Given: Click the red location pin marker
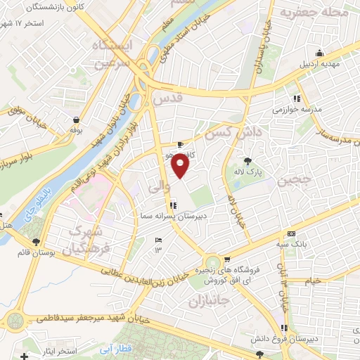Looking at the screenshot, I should [x=181, y=166].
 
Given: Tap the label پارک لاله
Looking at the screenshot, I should [x=247, y=172].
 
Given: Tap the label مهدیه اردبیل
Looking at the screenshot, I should [x=320, y=63].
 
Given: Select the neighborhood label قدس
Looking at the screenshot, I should [x=167, y=101].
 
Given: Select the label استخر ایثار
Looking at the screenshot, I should [x=54, y=351].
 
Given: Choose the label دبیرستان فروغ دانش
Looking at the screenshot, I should [x=282, y=339].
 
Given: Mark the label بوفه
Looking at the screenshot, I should [x=76, y=131].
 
